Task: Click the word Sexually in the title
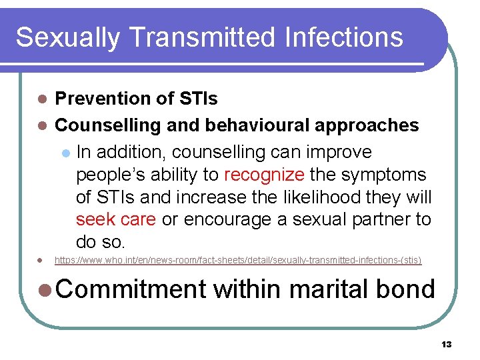click(x=61, y=38)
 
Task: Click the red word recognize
click(x=264, y=175)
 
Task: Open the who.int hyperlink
click(x=237, y=260)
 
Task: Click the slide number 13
click(x=446, y=344)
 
